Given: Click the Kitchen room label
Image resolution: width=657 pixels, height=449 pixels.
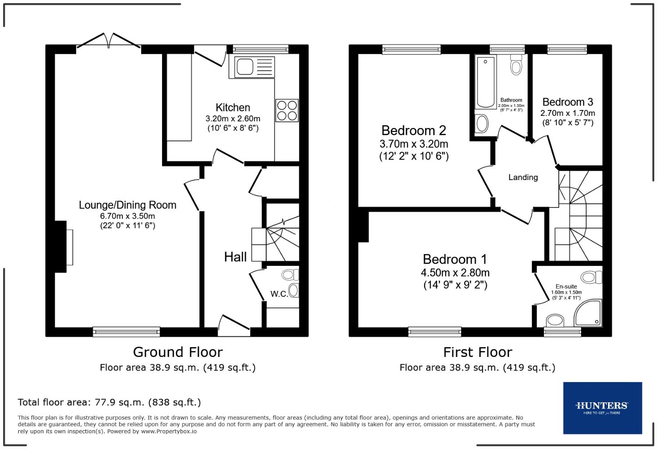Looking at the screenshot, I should tap(232, 108).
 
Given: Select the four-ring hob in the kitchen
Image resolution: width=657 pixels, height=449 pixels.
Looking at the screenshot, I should tap(287, 110).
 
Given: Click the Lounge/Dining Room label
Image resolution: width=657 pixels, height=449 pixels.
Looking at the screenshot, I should tap(127, 205).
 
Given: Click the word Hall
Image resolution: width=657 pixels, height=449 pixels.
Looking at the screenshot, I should tap(235, 257).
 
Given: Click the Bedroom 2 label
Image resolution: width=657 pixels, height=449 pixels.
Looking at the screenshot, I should tap(413, 131).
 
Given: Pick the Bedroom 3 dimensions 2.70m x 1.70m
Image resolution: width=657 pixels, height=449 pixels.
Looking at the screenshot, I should tap(568, 113).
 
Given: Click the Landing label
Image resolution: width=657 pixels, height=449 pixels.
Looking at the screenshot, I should tap(523, 177).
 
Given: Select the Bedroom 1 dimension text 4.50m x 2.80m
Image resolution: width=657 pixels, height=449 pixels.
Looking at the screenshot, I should tap(455, 273).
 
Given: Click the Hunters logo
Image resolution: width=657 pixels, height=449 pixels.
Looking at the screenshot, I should tap(602, 408).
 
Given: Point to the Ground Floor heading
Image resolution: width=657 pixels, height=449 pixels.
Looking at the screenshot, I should tap(178, 352).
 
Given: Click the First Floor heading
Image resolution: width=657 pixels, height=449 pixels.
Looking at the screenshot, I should tap(477, 352).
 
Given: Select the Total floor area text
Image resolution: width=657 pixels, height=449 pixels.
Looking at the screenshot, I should tap(109, 402).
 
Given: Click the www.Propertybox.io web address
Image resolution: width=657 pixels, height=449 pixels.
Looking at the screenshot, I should tap(169, 431).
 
